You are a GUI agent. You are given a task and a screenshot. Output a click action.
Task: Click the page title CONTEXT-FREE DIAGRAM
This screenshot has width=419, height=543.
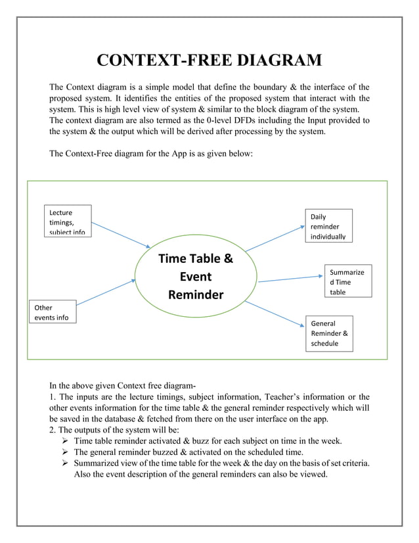tap(209, 61)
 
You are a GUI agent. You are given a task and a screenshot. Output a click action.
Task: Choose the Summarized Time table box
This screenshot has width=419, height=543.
tap(348, 281)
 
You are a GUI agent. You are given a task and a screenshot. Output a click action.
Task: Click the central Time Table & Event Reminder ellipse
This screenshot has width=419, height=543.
tap(196, 276)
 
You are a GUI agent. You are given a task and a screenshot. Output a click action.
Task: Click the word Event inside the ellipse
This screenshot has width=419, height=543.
tap(196, 277)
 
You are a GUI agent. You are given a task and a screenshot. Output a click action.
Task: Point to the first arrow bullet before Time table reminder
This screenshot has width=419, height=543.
tap(66, 440)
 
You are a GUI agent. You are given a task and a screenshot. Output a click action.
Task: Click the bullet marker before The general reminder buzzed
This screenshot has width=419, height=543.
tap(66, 452)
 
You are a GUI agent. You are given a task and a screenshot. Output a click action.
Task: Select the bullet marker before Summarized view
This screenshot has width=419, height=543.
tap(66, 464)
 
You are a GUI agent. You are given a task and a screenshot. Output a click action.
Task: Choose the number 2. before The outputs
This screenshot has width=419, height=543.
tap(53, 429)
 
